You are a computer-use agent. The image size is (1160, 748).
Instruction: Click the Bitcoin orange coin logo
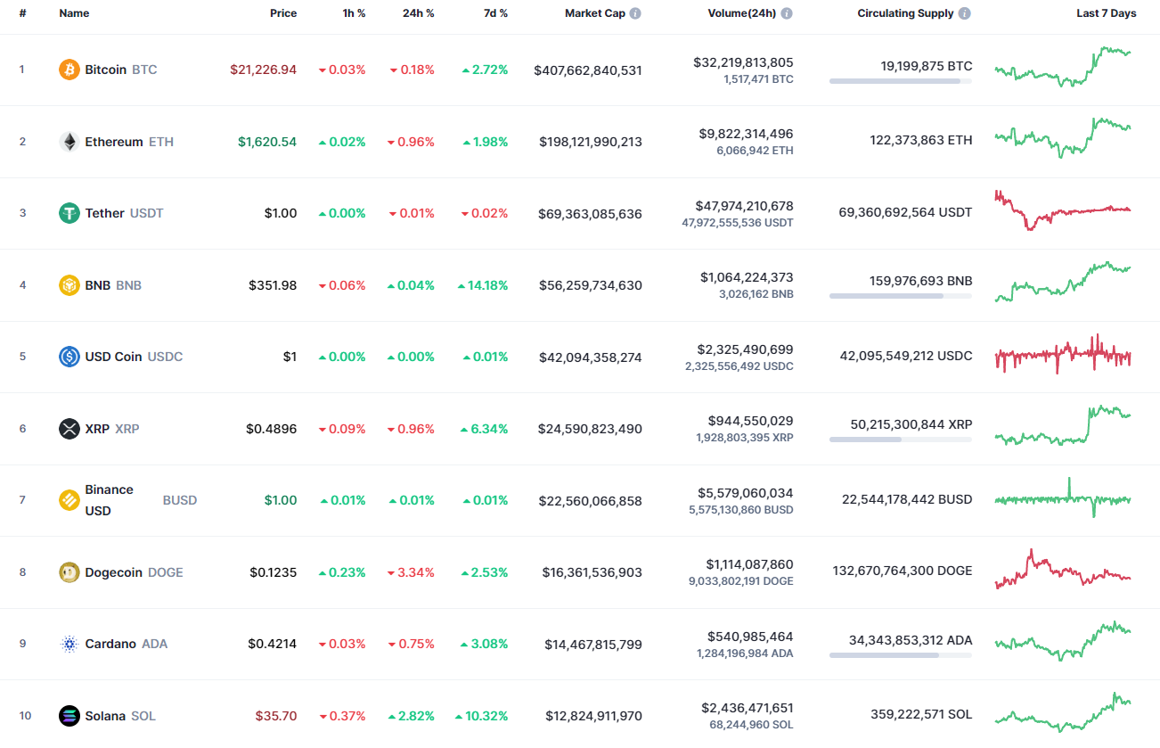[69, 70]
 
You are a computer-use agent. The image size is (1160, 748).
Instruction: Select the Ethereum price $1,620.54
[267, 142]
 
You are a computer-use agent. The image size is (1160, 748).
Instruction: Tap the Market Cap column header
[595, 13]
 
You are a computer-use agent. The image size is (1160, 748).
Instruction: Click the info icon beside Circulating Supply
[965, 13]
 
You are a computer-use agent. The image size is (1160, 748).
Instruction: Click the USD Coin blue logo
[69, 357]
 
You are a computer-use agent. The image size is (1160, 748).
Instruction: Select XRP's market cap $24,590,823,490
[590, 429]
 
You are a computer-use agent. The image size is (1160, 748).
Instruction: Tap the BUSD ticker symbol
[179, 500]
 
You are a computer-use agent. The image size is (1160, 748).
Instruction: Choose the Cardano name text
[110, 644]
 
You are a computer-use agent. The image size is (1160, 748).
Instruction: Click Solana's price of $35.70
[276, 716]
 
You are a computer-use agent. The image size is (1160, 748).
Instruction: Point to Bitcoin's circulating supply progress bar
[900, 81]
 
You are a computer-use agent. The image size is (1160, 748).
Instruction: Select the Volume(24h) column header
[743, 13]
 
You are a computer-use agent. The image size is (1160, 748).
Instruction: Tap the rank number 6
[23, 429]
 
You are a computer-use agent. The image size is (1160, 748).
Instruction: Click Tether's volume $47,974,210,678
[743, 206]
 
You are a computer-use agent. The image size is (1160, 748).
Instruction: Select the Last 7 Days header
[1106, 13]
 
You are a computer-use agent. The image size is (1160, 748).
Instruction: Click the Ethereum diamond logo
[69, 142]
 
